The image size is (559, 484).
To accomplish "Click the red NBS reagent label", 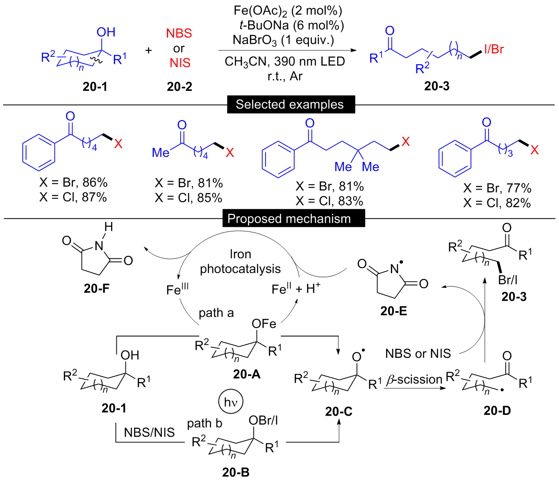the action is [179, 33].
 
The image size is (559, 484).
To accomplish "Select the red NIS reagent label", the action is [180, 63].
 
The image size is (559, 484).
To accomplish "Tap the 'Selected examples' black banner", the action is [291, 104].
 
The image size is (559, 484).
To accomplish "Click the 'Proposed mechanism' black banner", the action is [294, 218].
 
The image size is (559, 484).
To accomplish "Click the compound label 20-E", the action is [393, 311].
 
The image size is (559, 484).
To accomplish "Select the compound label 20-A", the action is [247, 374].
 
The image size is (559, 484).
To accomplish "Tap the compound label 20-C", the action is [339, 412].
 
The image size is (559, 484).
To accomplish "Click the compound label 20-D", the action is [497, 411].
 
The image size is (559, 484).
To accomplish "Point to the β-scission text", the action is [414, 380].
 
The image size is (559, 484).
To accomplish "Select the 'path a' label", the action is [216, 313].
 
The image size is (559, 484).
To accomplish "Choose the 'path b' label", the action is [205, 423].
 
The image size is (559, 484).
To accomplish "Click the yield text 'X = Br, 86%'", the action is [73, 183].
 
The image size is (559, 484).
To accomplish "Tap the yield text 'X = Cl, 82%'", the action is [497, 203].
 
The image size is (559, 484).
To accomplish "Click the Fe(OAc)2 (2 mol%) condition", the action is [288, 11].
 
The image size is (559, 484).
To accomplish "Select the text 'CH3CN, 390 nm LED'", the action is [285, 61].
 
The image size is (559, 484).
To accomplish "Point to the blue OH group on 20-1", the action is [106, 32].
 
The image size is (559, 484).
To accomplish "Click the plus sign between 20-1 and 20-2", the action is [148, 50].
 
